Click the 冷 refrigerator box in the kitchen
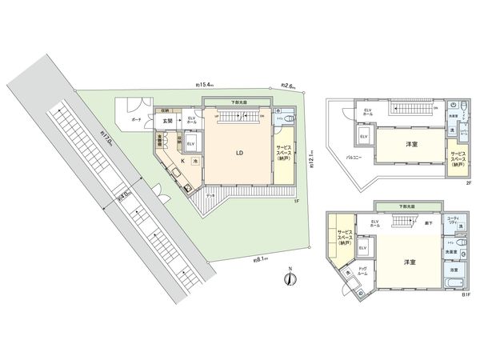(195, 161)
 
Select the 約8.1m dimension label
(261, 259)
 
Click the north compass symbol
(290, 278)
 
